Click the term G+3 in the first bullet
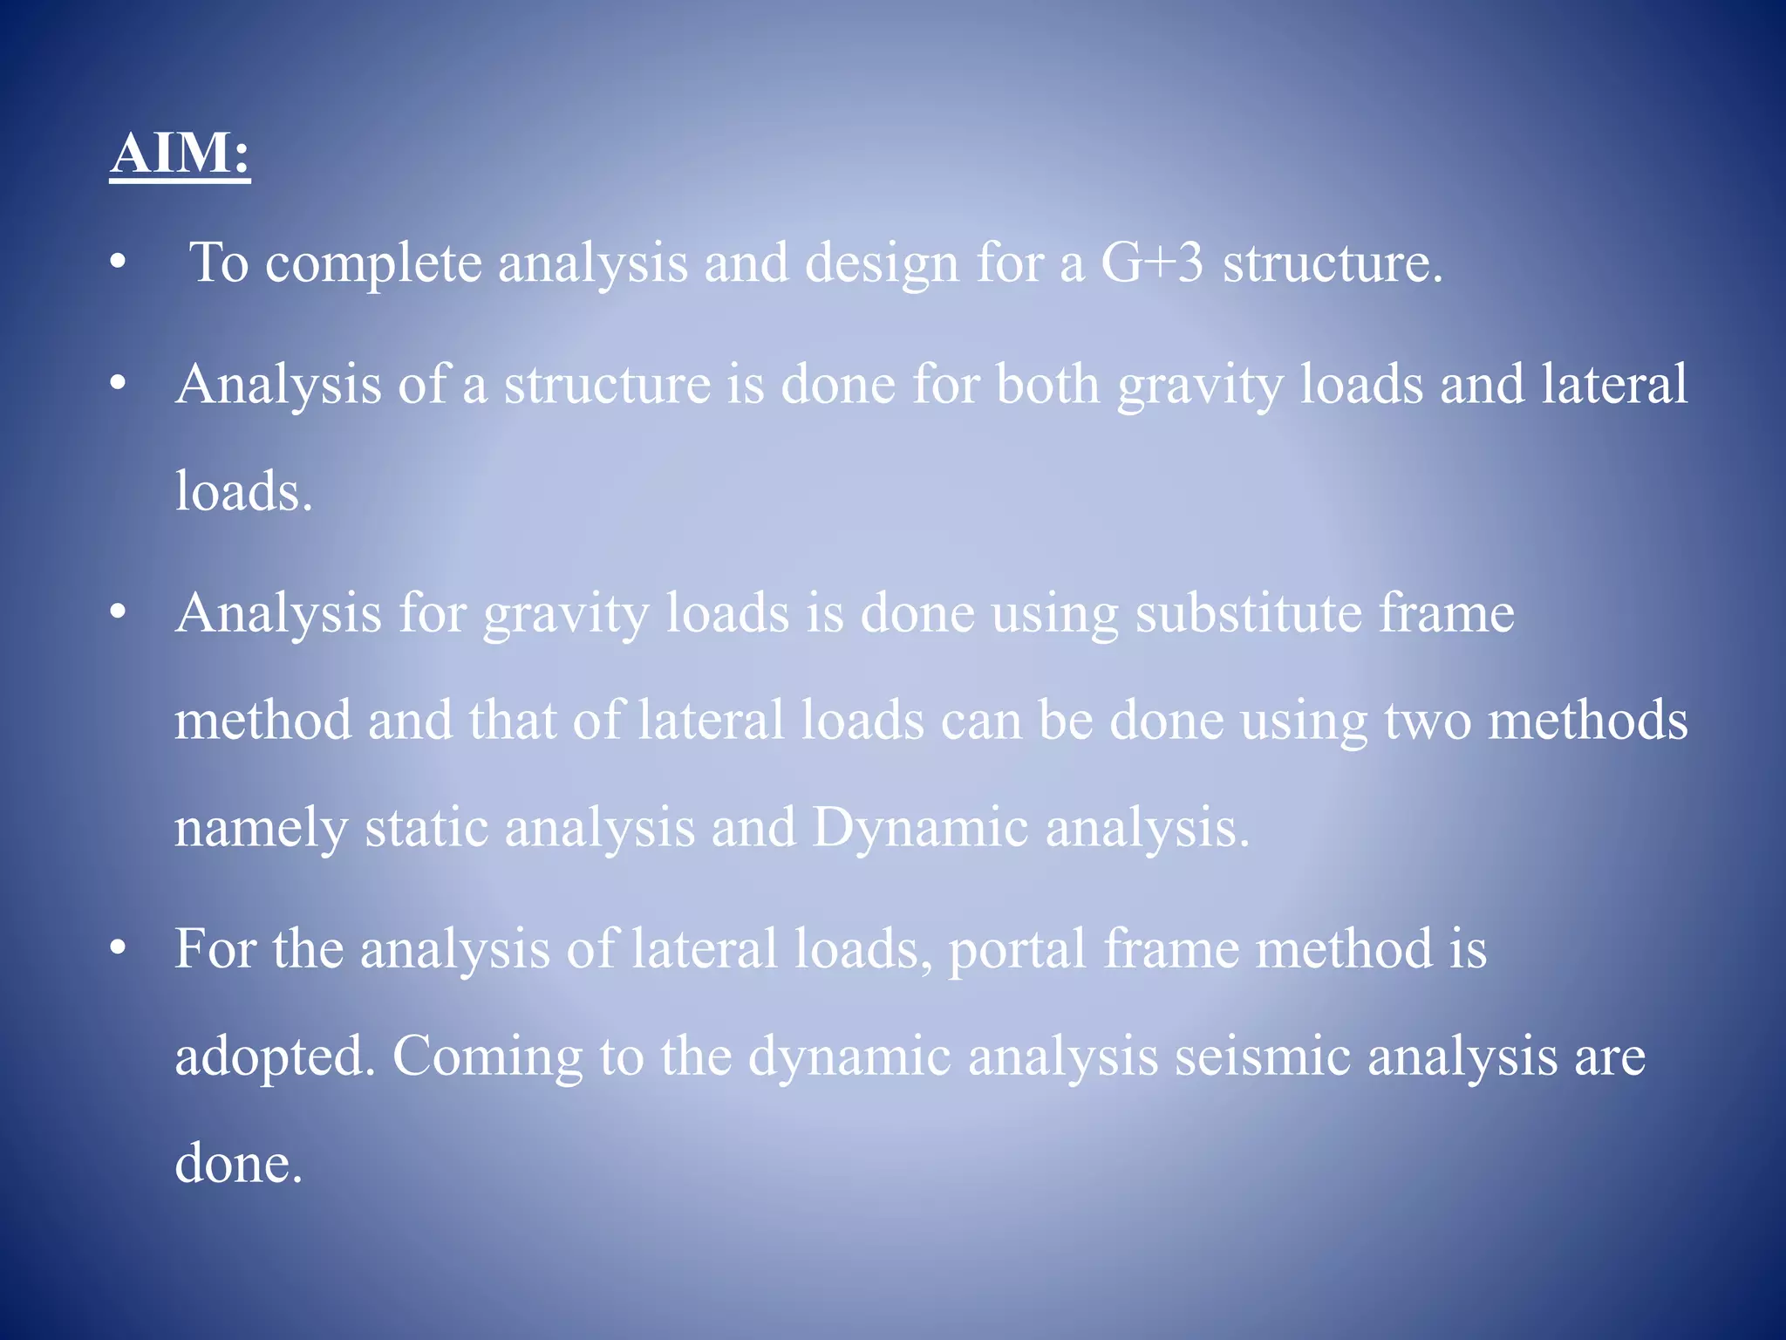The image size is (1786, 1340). click(x=1152, y=262)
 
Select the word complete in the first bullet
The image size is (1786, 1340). click(x=373, y=263)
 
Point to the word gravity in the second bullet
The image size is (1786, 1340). click(x=1201, y=386)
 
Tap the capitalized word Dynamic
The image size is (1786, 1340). click(x=920, y=827)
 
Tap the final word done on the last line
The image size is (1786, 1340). click(x=238, y=1164)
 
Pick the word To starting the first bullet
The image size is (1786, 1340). click(x=219, y=262)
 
